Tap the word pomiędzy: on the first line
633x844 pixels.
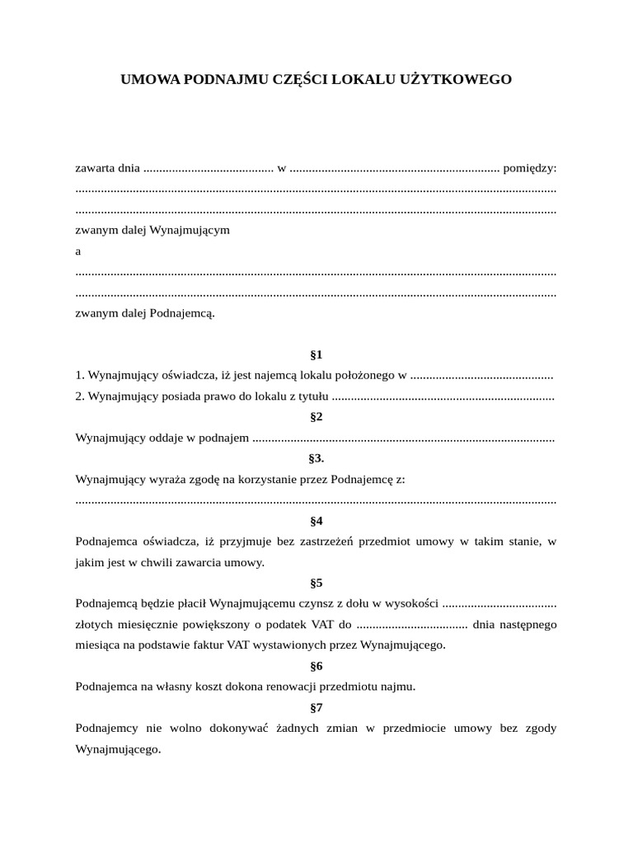[530, 168]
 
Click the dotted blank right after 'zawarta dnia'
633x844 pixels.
[208, 169]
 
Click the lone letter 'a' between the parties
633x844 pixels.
[78, 251]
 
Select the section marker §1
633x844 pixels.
[316, 355]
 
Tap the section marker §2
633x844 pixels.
[316, 417]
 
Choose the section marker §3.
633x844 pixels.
[316, 458]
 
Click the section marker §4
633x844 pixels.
[316, 521]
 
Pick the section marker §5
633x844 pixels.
[316, 583]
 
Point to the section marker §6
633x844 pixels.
[316, 666]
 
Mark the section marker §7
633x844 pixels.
[316, 707]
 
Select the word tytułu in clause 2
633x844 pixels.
[311, 396]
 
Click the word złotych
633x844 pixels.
[95, 624]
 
